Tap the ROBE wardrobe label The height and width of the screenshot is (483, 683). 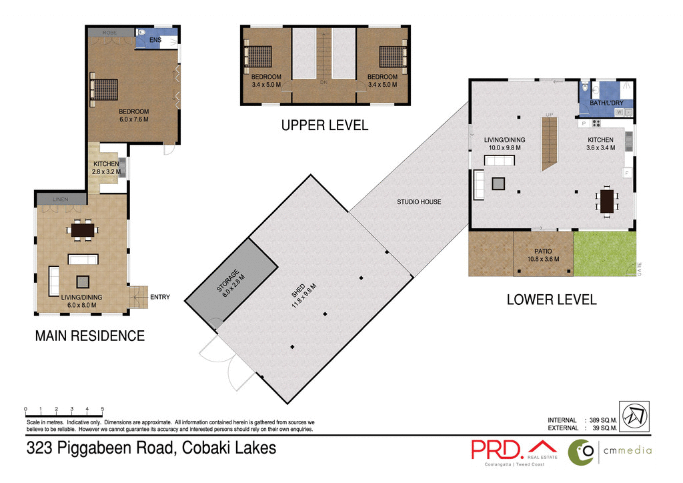110,32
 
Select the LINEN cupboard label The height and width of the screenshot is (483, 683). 61,199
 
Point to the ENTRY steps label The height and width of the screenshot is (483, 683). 161,297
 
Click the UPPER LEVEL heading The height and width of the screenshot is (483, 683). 324,125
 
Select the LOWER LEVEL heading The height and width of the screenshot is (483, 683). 551,300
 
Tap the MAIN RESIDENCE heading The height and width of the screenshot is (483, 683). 89,336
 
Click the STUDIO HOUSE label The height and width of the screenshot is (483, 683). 419,201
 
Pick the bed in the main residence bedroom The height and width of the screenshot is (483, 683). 105,89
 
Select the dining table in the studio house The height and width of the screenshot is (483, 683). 607,201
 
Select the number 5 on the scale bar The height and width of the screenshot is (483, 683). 103,409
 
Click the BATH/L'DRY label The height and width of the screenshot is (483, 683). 608,103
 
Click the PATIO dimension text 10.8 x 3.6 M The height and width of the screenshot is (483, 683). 542,259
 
